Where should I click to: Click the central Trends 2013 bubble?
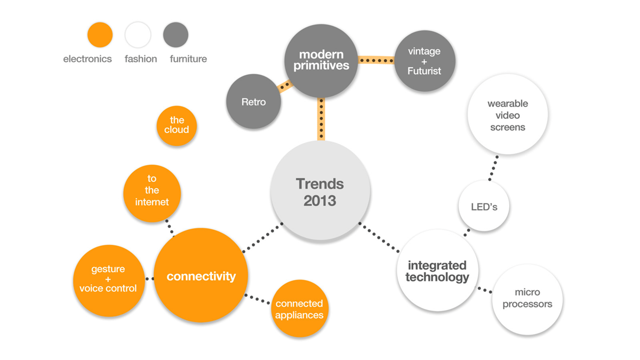(x=320, y=191)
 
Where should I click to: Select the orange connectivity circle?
(x=201, y=275)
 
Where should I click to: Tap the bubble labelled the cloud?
(x=177, y=126)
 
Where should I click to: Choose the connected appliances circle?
(x=299, y=308)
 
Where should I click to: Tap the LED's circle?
(x=484, y=206)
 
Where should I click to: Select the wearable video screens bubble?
(x=507, y=115)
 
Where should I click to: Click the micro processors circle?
(x=527, y=299)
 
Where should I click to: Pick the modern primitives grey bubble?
(x=321, y=61)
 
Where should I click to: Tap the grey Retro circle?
(x=253, y=101)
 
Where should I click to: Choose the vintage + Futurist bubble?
(x=425, y=61)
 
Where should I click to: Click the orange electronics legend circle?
(x=100, y=35)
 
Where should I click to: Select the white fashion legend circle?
(x=138, y=35)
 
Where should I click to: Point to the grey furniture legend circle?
(x=175, y=35)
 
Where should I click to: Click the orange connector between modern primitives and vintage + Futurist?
(x=375, y=60)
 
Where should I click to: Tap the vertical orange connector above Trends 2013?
(x=321, y=119)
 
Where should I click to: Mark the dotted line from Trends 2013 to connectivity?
(x=262, y=238)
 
